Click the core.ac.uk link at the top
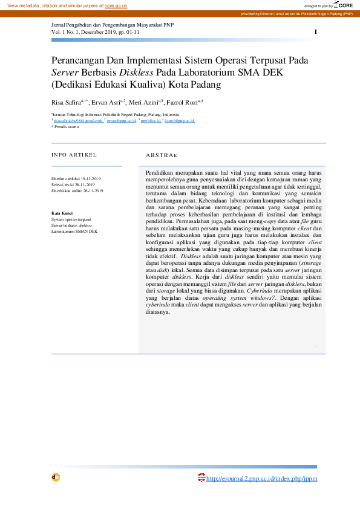(x=116, y=5)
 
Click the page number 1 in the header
(x=315, y=31)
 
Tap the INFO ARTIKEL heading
(x=74, y=155)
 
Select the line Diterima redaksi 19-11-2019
(x=76, y=179)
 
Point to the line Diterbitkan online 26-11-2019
(x=77, y=190)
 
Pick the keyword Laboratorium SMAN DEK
(x=74, y=231)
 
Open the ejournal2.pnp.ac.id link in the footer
(x=261, y=479)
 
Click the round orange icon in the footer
(x=56, y=477)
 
